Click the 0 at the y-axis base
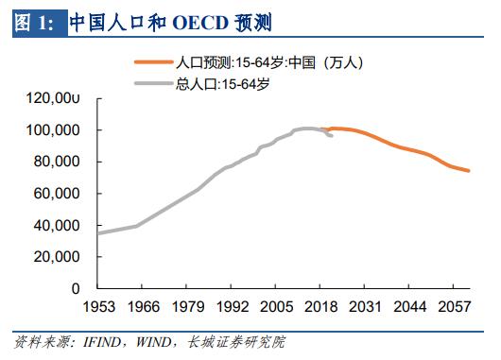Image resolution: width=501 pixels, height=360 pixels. point(77,289)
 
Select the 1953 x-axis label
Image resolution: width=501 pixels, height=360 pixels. point(98,307)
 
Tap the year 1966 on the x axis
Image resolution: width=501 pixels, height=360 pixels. point(143,307)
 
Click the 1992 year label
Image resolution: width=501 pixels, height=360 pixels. point(232,307)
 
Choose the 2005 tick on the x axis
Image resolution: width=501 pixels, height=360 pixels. point(276,307)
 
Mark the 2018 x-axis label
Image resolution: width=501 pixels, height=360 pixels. point(320,307)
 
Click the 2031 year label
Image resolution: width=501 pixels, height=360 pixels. point(365,307)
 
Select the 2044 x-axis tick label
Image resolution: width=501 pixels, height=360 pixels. point(409,307)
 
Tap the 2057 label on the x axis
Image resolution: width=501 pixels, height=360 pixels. point(454,307)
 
